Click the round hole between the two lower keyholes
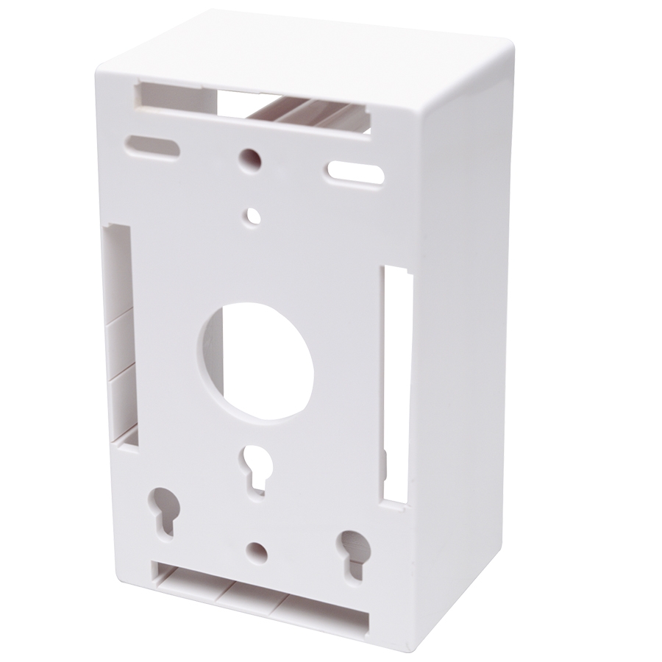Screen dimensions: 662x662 click(x=256, y=550)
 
